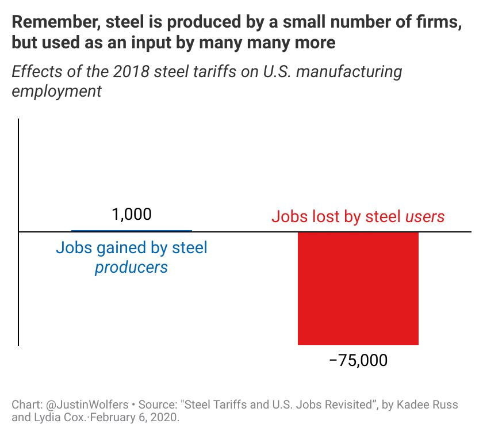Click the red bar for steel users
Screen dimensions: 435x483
pyautogui.click(x=358, y=288)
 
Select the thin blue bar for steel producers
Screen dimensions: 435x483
pyautogui.click(x=132, y=231)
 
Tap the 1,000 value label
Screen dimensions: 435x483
pyautogui.click(x=132, y=215)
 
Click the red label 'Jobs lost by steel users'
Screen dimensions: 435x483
pyautogui.click(x=358, y=217)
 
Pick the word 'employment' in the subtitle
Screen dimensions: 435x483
pyautogui.click(x=56, y=91)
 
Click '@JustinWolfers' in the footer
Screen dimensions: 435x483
pyautogui.click(x=81, y=404)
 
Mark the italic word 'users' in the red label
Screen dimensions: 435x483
pyautogui.click(x=425, y=217)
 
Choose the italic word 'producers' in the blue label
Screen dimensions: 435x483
pyautogui.click(x=131, y=267)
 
